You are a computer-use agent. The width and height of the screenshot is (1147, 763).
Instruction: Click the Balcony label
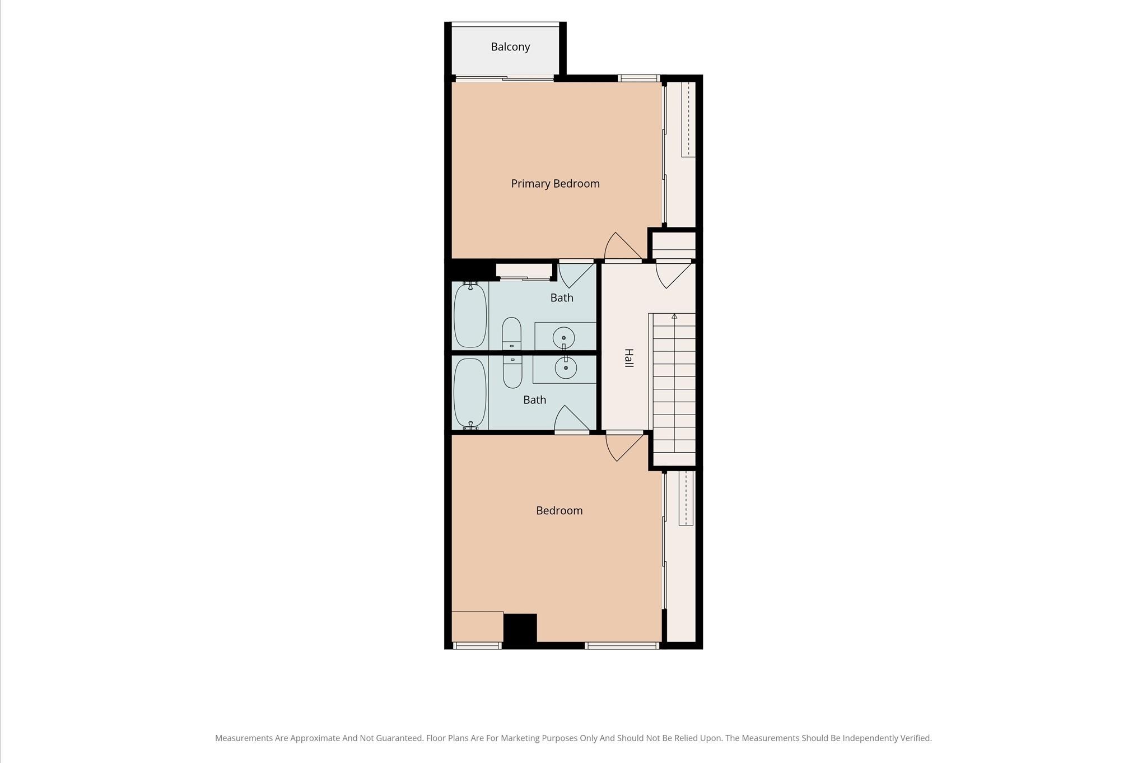[x=510, y=47]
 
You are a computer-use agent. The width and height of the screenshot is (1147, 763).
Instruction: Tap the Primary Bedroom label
[x=555, y=184]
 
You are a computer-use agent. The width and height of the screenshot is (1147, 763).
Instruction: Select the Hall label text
[x=629, y=358]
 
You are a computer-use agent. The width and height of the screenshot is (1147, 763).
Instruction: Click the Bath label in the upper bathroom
[x=562, y=298]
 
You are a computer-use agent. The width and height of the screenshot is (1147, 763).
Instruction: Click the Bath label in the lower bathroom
[x=534, y=400]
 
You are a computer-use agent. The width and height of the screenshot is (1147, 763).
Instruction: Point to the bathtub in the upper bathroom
[x=470, y=315]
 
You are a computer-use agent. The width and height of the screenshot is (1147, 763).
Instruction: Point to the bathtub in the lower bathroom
[x=470, y=393]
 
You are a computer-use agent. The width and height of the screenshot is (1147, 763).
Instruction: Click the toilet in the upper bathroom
[x=511, y=334]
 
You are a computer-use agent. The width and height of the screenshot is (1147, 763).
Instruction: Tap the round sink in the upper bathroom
[x=563, y=338]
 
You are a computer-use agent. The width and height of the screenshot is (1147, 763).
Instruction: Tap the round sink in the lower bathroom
[x=566, y=367]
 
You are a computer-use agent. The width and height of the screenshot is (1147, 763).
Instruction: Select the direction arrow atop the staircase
[x=674, y=317]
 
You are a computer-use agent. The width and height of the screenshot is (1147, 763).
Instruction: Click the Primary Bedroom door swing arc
[x=622, y=246]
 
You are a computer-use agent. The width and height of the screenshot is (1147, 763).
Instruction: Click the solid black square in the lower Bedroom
[x=520, y=629]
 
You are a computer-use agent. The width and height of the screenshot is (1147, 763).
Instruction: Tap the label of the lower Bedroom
[x=559, y=511]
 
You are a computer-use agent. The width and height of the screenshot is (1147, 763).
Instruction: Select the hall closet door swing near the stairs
[x=674, y=275]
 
